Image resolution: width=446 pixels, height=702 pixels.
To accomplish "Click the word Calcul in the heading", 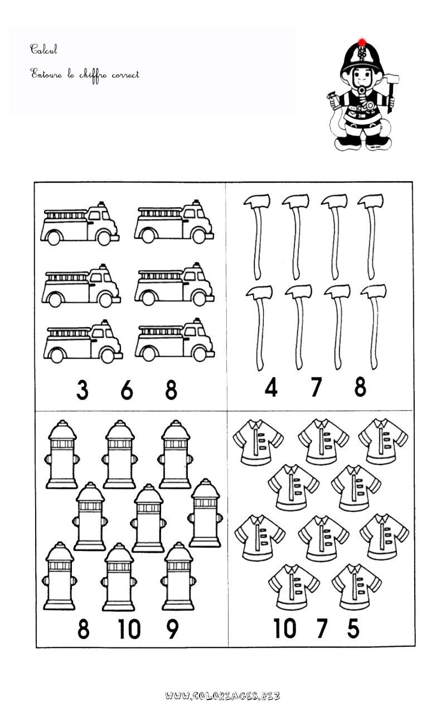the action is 43,49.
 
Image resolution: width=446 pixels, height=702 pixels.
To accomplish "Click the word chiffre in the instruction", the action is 93,76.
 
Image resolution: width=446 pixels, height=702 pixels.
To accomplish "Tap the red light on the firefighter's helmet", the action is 362,42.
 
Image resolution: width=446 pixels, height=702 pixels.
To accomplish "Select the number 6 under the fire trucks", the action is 127,389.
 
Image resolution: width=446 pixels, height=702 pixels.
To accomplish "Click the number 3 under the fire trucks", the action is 82,389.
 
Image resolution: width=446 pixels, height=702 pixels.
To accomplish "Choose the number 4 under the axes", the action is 271,387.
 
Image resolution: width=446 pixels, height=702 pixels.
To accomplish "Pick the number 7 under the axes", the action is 317,387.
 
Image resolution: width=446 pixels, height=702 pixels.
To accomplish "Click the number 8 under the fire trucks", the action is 171,389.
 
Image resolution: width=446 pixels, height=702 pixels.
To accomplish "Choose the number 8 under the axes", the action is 360,387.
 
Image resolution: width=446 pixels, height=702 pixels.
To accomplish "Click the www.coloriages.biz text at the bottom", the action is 222,696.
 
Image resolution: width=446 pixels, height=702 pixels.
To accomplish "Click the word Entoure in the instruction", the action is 46,74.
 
